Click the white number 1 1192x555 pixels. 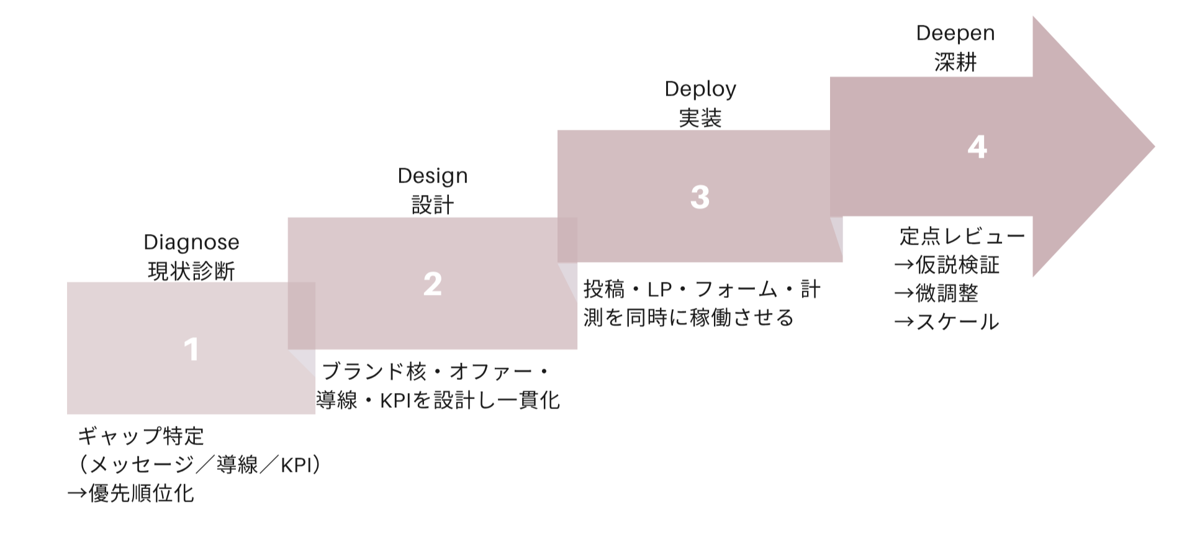tap(191, 350)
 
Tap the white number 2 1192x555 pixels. tap(432, 284)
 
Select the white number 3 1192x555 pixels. tap(700, 197)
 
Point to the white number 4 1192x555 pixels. tap(977, 147)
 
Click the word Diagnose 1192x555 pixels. tap(191, 242)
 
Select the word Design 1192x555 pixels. tap(432, 176)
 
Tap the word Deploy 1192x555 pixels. tap(700, 89)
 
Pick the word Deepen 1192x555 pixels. tap(955, 33)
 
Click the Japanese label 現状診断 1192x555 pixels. tap(191, 271)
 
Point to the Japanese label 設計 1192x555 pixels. tap(432, 204)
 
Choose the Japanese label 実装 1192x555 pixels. tap(700, 118)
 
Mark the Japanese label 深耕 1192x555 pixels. tap(955, 62)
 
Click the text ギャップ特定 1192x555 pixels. tap(141, 436)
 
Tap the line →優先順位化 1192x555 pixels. tap(131, 494)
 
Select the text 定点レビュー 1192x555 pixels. tap(962, 237)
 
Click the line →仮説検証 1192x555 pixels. tap(947, 265)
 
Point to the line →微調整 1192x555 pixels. tap(936, 293)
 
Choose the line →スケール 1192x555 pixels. tap(947, 322)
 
